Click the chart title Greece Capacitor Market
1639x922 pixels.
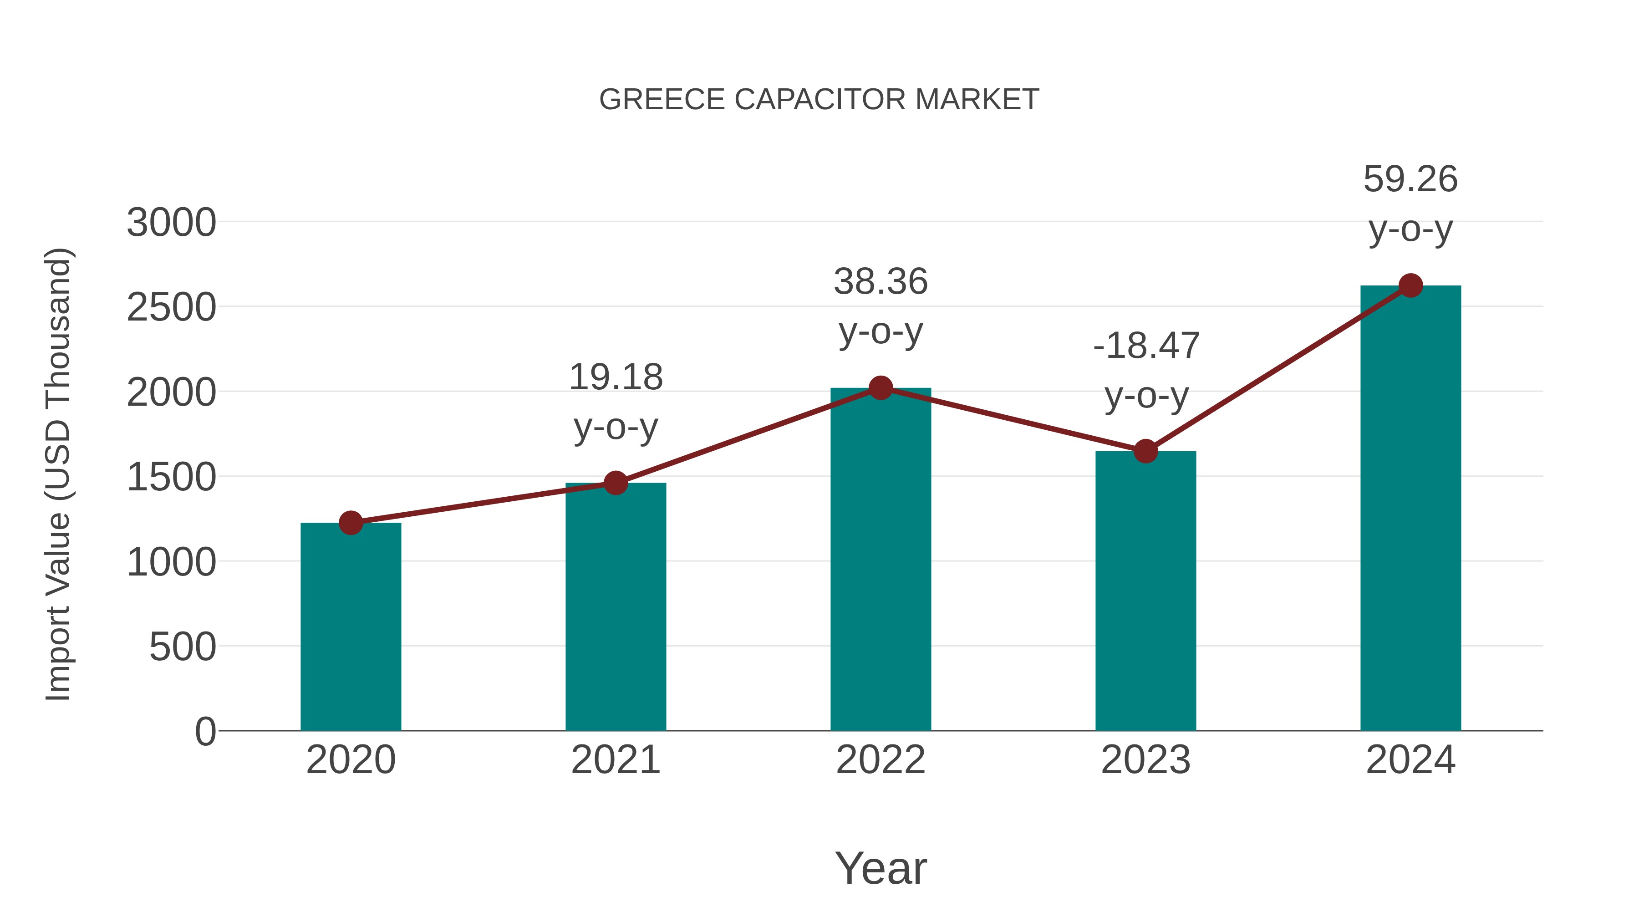(819, 100)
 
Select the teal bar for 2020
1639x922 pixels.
(351, 627)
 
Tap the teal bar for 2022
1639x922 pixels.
(881, 560)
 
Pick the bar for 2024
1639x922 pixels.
(1410, 509)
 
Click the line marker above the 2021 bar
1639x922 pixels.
(615, 483)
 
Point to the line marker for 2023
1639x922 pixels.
(1145, 451)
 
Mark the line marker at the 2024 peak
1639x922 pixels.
(1410, 285)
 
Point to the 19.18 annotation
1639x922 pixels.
(615, 402)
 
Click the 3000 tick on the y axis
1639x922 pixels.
(171, 224)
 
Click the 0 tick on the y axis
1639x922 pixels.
(205, 732)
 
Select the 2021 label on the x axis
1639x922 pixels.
(615, 760)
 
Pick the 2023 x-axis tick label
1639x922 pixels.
(1145, 760)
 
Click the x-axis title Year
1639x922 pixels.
(881, 868)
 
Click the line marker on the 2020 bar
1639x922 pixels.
(351, 523)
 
